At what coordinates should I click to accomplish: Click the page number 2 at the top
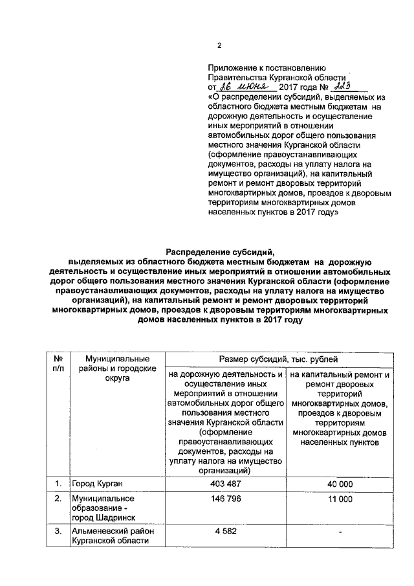(x=219, y=45)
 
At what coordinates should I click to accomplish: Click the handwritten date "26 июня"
(x=245, y=85)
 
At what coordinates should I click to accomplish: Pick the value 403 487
(x=226, y=484)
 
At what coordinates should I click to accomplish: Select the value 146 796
(x=226, y=500)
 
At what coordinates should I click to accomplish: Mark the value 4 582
(x=226, y=532)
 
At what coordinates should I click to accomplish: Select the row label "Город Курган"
(x=97, y=484)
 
